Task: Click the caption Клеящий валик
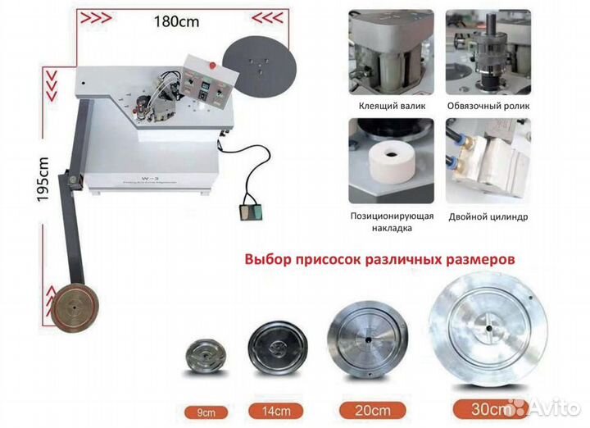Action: [386, 106]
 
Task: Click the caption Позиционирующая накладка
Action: [386, 223]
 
